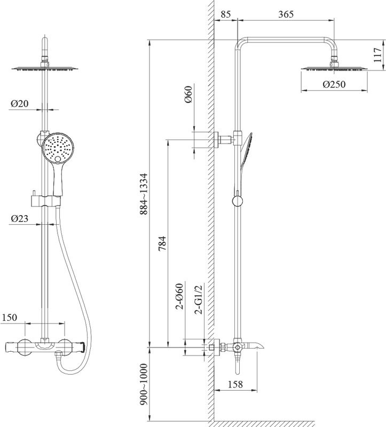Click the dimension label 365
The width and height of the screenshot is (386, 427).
point(286,15)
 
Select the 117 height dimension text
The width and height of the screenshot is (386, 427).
point(378,55)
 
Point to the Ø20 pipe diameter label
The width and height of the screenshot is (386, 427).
point(19,104)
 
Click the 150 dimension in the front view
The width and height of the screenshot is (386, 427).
point(10,318)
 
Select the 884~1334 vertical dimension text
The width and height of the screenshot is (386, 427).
point(143,193)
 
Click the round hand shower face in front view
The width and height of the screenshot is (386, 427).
point(57,148)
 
